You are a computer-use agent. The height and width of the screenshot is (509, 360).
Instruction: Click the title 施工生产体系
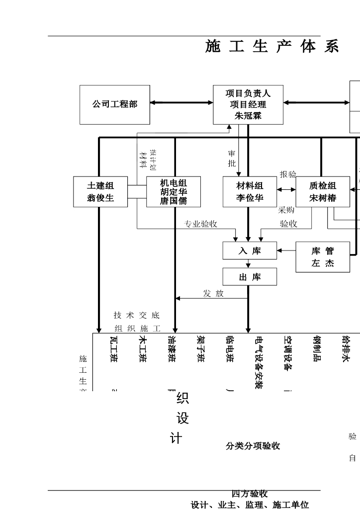coord(272,47)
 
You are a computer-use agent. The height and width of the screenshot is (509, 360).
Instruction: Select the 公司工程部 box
coord(114,104)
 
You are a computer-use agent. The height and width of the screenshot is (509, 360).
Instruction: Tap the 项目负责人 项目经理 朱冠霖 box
coord(248,104)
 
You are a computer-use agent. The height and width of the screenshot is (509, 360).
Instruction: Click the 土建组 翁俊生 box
coord(100,192)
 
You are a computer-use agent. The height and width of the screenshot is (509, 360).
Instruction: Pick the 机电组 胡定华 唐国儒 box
coord(174,192)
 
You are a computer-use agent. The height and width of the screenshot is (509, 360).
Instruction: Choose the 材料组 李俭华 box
coord(250,192)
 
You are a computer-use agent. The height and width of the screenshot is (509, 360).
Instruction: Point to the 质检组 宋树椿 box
coord(323,192)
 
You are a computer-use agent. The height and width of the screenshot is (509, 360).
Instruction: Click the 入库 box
coord(250,251)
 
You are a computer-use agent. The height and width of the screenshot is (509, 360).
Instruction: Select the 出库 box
coord(250,277)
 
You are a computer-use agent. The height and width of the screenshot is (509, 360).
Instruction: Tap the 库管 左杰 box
coord(323,257)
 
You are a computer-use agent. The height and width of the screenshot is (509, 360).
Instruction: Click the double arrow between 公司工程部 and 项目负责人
coord(181,103)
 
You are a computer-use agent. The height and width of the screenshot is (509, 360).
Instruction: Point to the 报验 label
coord(288,174)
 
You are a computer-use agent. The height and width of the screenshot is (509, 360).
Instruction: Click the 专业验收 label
coord(201,224)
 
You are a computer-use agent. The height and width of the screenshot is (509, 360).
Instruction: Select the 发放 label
coord(213,294)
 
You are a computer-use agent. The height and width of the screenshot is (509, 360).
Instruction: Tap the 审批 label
coord(232,159)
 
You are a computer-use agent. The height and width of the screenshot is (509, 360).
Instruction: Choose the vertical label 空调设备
coord(287,353)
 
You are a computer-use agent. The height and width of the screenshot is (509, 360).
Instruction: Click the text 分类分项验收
coord(253,446)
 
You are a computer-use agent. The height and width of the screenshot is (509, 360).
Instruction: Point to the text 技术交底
coord(136,315)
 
